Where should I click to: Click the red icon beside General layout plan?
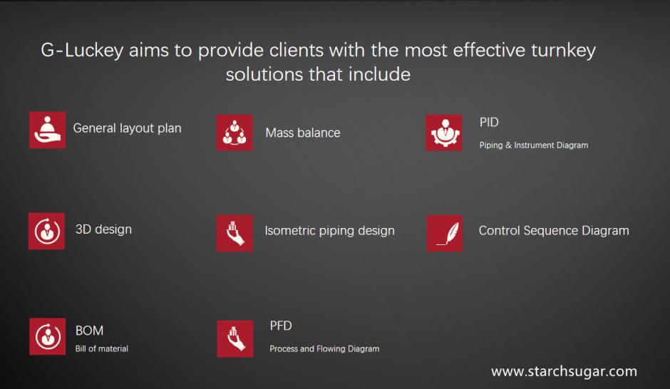pyautogui.click(x=48, y=130)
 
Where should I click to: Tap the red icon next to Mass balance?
pyautogui.click(x=234, y=133)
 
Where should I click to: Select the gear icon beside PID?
pyautogui.click(x=443, y=133)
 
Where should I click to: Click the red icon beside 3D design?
pyautogui.click(x=46, y=231)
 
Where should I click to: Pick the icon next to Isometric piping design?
pyautogui.click(x=234, y=233)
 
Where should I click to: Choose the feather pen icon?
pyautogui.click(x=444, y=233)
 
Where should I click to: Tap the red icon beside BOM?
pyautogui.click(x=48, y=336)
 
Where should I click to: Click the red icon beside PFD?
pyautogui.click(x=235, y=338)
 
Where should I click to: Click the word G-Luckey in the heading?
pyautogui.click(x=82, y=51)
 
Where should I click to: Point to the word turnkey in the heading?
pyautogui.click(x=563, y=51)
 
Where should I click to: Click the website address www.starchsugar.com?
pyautogui.click(x=564, y=371)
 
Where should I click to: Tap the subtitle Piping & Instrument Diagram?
pyautogui.click(x=534, y=145)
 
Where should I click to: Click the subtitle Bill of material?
pyautogui.click(x=102, y=349)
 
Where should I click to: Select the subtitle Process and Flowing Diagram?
pyautogui.click(x=324, y=349)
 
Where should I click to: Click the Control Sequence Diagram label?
pyautogui.click(x=554, y=231)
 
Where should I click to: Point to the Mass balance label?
pyautogui.click(x=303, y=133)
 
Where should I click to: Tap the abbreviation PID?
pyautogui.click(x=489, y=122)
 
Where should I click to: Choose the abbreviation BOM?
pyautogui.click(x=89, y=331)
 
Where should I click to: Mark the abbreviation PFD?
pyautogui.click(x=281, y=326)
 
